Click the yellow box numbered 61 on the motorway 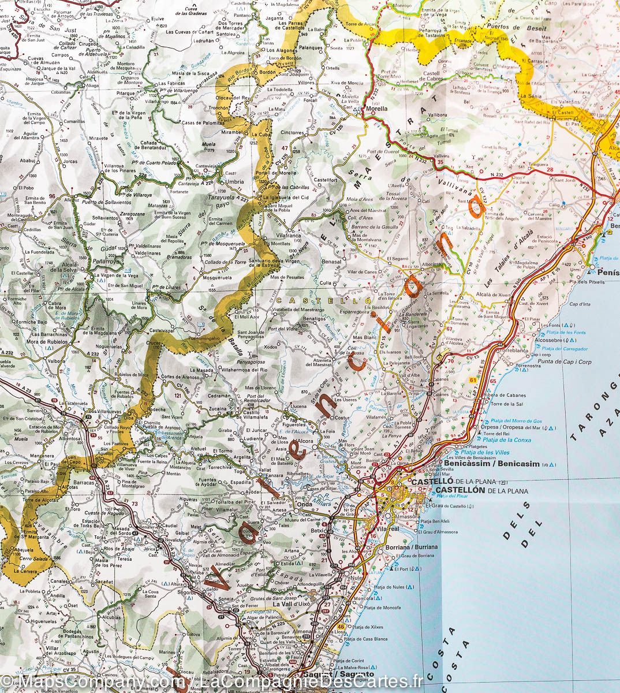tap(474, 379)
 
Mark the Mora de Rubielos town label tap(47, 341)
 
